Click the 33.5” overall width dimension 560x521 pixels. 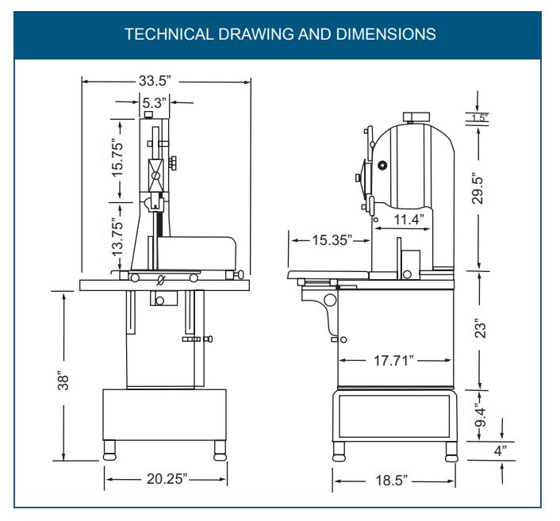[x=155, y=81]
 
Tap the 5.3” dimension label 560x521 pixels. [x=155, y=103]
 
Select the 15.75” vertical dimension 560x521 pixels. [x=117, y=158]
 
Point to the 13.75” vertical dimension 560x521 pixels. [x=117, y=237]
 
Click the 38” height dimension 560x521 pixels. [x=63, y=382]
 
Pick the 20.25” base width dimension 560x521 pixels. [x=167, y=479]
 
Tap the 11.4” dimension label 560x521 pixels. [x=409, y=219]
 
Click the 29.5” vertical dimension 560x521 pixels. [x=478, y=189]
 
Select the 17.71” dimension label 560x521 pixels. [x=393, y=360]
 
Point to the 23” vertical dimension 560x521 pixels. [x=481, y=328]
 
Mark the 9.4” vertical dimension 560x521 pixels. [x=481, y=415]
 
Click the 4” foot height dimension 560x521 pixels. [x=501, y=450]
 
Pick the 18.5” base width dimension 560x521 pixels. [x=391, y=481]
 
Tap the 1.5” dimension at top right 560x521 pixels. [x=479, y=118]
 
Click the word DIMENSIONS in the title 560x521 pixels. [x=385, y=34]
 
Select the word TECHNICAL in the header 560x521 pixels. [x=169, y=34]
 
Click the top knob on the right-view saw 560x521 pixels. [x=416, y=117]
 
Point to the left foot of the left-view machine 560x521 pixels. [x=109, y=450]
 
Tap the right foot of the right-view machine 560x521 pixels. [x=451, y=452]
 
